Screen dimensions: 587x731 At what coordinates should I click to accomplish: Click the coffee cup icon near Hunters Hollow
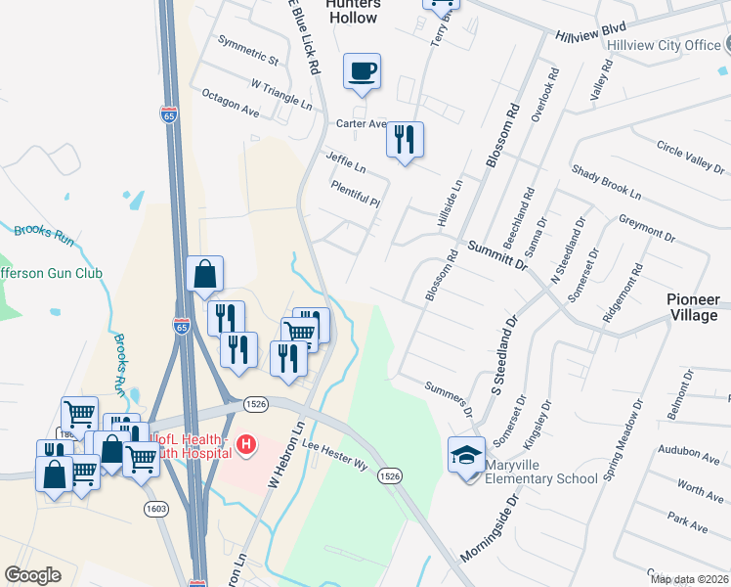(362, 71)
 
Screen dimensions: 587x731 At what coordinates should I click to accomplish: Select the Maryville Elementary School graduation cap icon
(466, 454)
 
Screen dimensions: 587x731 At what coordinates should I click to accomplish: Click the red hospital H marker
(246, 446)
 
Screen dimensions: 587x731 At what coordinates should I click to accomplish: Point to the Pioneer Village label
(693, 306)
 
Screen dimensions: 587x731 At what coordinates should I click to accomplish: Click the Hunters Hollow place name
(352, 11)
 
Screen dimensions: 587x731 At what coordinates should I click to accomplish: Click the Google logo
(32, 575)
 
